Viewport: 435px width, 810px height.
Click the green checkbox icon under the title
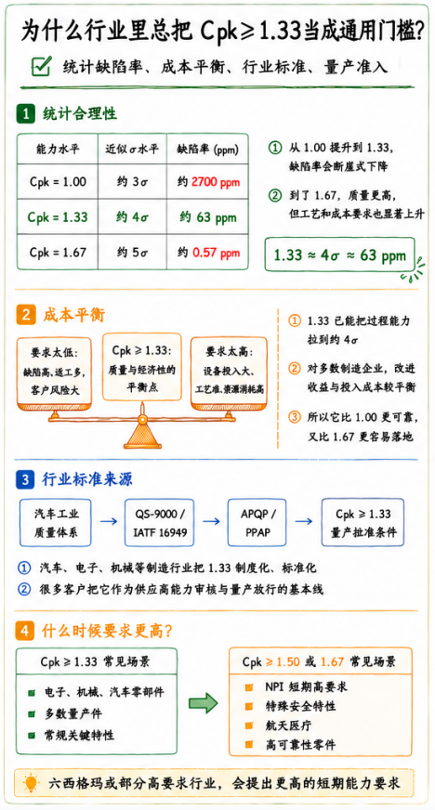pyautogui.click(x=41, y=67)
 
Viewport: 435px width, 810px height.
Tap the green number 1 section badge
pyautogui.click(x=24, y=113)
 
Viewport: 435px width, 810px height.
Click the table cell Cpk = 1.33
pyautogui.click(x=58, y=217)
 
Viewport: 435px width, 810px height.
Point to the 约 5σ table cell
pyautogui.click(x=132, y=253)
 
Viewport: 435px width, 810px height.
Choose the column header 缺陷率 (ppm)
pyautogui.click(x=207, y=150)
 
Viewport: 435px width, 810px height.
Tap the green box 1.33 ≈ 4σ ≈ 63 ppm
pyautogui.click(x=339, y=255)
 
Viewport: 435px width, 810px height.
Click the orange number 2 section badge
pyautogui.click(x=24, y=315)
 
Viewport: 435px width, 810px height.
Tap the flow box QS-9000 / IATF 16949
pyautogui.click(x=159, y=522)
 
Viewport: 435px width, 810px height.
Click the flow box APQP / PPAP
pyautogui.click(x=258, y=522)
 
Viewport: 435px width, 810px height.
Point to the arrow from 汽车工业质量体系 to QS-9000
pyautogui.click(x=109, y=522)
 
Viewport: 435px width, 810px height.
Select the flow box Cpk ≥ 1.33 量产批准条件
pyautogui.click(x=362, y=522)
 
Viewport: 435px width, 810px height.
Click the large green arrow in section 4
pyautogui.click(x=203, y=703)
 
